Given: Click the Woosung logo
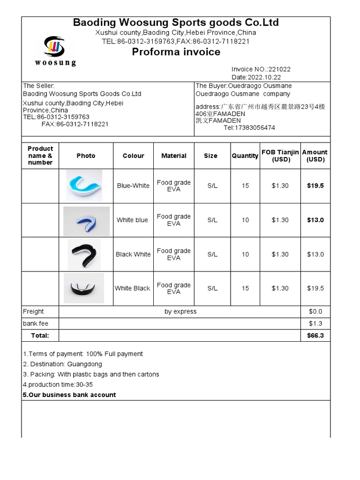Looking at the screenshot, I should tap(54, 50).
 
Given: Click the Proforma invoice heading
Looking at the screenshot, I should tap(176, 52).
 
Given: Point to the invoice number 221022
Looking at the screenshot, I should tap(279, 69).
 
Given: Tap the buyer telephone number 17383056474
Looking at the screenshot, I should tap(255, 127).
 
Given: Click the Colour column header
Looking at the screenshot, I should tap(133, 156).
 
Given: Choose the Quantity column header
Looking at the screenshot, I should tap(245, 156).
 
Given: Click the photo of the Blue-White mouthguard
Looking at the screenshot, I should tap(84, 186).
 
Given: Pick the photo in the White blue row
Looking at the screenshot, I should tap(86, 220).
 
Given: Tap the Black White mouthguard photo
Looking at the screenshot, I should tap(84, 255).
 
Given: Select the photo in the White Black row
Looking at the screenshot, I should tap(84, 288).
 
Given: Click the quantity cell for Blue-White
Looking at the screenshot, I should tap(245, 186).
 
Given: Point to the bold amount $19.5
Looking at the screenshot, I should tap(315, 186).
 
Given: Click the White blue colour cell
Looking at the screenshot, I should tap(132, 220).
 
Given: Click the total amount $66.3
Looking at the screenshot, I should tap(315, 336).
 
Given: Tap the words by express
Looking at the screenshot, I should tap(180, 311).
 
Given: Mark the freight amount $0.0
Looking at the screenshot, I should tap(315, 311).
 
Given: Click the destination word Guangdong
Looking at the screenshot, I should tap(84, 364).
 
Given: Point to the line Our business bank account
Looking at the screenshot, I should tap(69, 395).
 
